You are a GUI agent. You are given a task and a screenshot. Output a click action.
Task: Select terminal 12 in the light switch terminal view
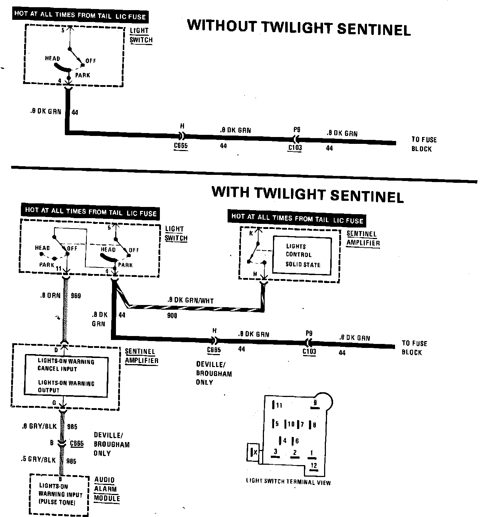(x=314, y=465)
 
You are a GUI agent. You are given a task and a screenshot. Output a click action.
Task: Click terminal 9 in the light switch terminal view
(x=315, y=403)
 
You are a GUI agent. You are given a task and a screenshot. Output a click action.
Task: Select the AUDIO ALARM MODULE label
(x=107, y=489)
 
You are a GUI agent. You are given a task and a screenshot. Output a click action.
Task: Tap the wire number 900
(x=172, y=316)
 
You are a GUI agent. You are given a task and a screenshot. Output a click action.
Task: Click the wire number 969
(x=76, y=296)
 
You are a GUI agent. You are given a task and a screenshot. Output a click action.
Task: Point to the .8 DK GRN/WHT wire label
(x=190, y=300)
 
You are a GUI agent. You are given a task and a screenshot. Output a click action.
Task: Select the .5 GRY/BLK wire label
(x=39, y=460)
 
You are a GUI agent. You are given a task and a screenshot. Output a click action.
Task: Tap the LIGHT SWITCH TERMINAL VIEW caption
(x=288, y=482)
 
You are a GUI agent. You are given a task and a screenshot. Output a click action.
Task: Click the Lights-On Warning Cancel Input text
(x=66, y=365)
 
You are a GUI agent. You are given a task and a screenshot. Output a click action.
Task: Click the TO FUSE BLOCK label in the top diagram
(x=424, y=144)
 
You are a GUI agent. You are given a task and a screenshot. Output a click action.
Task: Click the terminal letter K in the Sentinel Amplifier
(x=251, y=233)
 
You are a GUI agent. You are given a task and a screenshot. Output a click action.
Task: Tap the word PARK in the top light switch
(x=82, y=75)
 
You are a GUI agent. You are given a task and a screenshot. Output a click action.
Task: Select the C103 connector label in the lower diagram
(x=309, y=352)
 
